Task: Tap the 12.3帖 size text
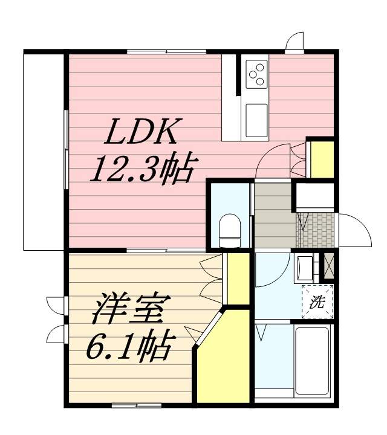click(141, 170)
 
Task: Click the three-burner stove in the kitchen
click(256, 74)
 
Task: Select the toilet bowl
click(229, 229)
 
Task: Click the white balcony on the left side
click(44, 151)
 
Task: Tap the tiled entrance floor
click(314, 230)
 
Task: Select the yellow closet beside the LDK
click(320, 158)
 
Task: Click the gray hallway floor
click(273, 214)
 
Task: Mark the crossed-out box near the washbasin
click(328, 265)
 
